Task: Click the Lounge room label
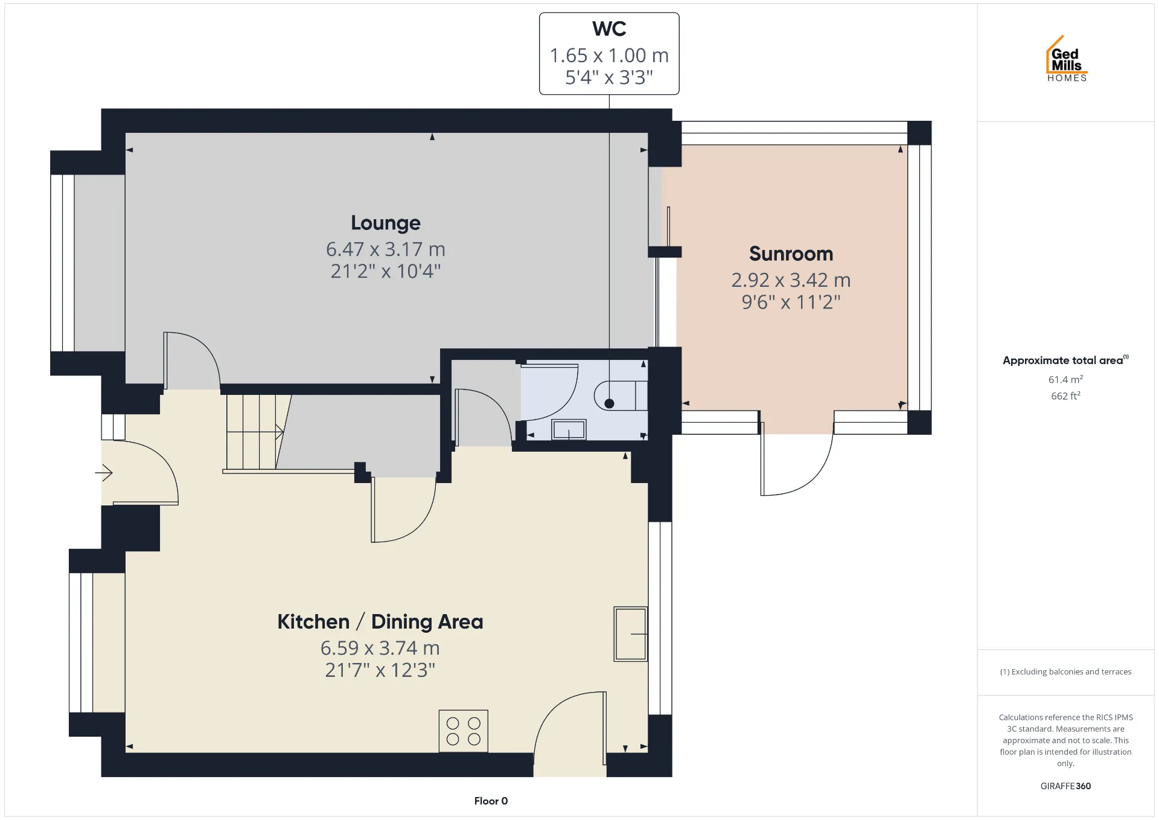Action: pyautogui.click(x=386, y=223)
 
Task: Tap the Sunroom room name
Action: pyautogui.click(x=791, y=254)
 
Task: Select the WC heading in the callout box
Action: pyautogui.click(x=609, y=29)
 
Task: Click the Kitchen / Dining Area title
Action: pyautogui.click(x=380, y=621)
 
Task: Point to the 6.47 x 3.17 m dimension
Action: pyautogui.click(x=386, y=249)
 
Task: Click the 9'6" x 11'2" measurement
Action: pyautogui.click(x=791, y=302)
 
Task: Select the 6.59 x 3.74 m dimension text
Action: pyautogui.click(x=380, y=648)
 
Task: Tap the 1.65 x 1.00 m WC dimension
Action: pyautogui.click(x=609, y=56)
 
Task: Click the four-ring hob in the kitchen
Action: pyautogui.click(x=463, y=731)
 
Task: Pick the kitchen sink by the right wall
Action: pyautogui.click(x=631, y=634)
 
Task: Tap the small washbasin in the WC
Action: pyautogui.click(x=569, y=429)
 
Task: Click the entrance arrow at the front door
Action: pyautogui.click(x=104, y=472)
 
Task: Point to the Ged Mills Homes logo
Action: pyautogui.click(x=1067, y=59)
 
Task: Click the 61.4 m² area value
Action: pyautogui.click(x=1065, y=379)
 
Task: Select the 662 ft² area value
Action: pyautogui.click(x=1065, y=396)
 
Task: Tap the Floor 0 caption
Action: pyautogui.click(x=491, y=801)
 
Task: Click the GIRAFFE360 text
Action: pyautogui.click(x=1065, y=786)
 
